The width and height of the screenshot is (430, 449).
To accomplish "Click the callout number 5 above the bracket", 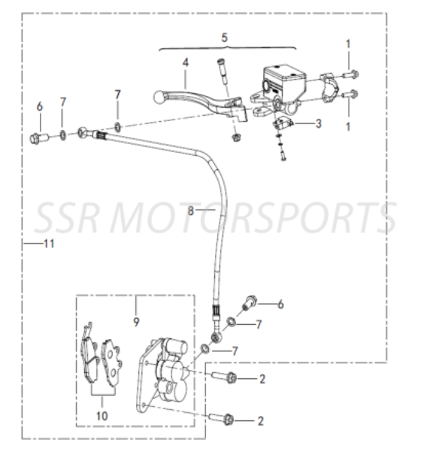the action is click(225, 38).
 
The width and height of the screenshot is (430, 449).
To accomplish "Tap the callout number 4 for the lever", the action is click(186, 62).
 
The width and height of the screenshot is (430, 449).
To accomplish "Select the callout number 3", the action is click(318, 123).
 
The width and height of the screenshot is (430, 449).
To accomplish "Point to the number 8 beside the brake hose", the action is click(191, 211).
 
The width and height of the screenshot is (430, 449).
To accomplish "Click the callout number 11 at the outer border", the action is click(49, 244).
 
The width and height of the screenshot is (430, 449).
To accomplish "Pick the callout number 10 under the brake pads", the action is click(101, 416).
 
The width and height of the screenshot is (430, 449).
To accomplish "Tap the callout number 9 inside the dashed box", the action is click(136, 322).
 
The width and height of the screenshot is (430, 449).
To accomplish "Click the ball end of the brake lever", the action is click(159, 97).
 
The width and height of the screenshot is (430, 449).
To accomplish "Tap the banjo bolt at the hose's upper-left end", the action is click(38, 138).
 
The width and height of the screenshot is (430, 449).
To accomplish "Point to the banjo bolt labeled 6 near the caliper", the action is click(250, 302).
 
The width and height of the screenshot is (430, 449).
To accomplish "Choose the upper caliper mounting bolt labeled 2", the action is click(224, 378).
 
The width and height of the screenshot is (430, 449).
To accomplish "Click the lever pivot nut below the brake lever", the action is click(236, 138).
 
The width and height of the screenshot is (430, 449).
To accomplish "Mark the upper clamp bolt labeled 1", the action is click(351, 74).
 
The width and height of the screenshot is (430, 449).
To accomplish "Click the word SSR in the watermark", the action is click(68, 218).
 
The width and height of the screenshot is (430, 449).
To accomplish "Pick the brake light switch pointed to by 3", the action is click(283, 123).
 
